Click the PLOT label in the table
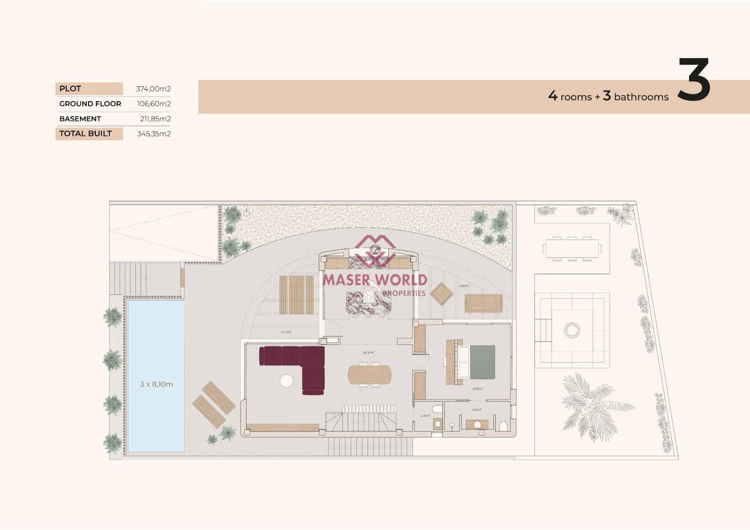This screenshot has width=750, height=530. (x=70, y=89)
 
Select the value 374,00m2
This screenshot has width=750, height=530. (x=153, y=89)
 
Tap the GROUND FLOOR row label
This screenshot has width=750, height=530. (x=90, y=104)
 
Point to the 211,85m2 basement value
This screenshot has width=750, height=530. (x=155, y=119)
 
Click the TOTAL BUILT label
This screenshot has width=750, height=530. (x=85, y=134)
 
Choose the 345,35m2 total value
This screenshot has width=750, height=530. (x=154, y=134)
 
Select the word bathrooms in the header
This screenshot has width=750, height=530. (x=641, y=97)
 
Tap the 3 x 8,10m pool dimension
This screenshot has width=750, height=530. (x=156, y=384)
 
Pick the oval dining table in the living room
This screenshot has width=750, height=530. (x=370, y=374)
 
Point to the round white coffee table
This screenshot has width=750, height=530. (x=286, y=380)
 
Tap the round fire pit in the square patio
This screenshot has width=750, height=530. (x=572, y=330)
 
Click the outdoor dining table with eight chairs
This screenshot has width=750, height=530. (x=572, y=249)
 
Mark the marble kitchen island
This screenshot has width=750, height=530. (x=368, y=301)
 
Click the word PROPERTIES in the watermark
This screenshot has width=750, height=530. (x=404, y=293)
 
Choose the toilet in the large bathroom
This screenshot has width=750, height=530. (x=503, y=426)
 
